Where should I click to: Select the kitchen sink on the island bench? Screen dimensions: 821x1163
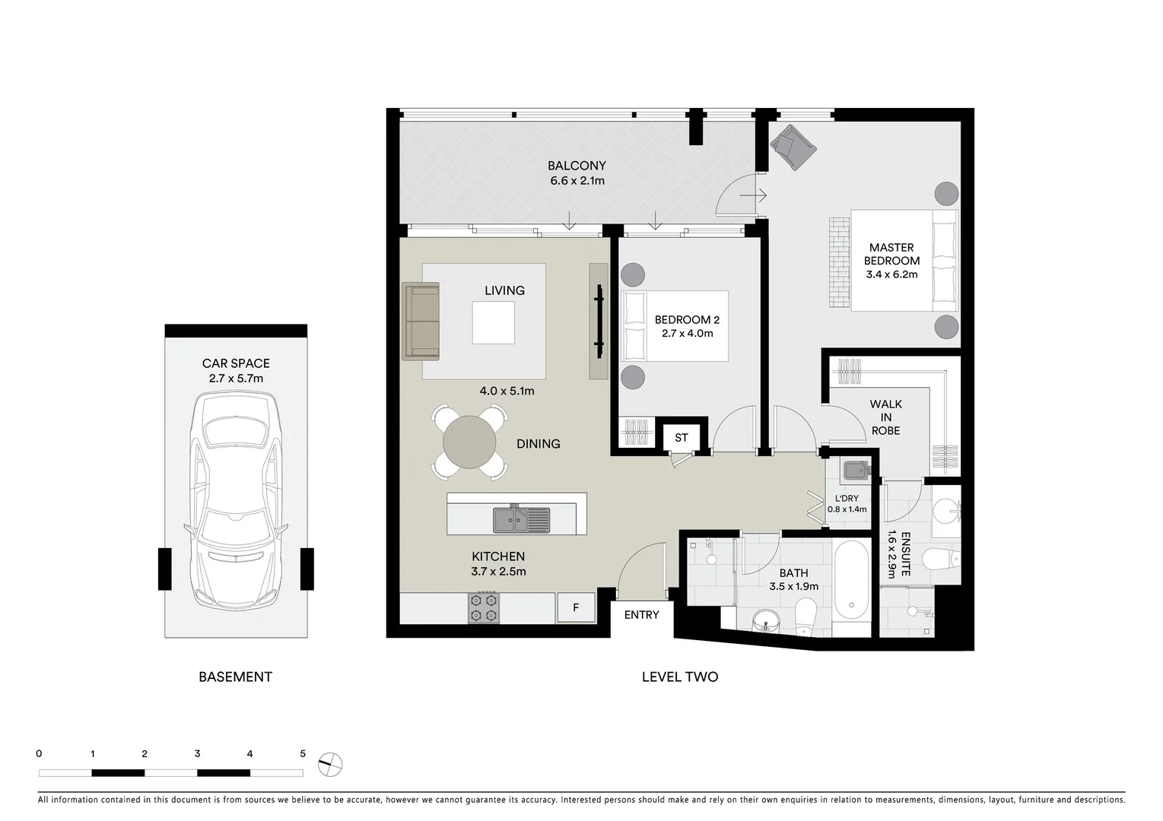coord(520,520)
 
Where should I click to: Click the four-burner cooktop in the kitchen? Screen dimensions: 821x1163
coord(484,607)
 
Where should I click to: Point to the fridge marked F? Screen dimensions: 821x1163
coord(576,607)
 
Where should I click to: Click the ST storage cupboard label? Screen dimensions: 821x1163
coord(681,437)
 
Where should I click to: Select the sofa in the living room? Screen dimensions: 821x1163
coord(421,320)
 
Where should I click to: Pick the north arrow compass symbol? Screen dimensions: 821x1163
coord(331,763)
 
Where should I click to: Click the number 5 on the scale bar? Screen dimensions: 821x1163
coord(303,754)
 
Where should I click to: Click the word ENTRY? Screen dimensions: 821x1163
coord(641,615)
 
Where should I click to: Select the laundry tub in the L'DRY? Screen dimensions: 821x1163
coord(855,471)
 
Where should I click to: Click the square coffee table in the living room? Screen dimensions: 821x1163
coord(493,322)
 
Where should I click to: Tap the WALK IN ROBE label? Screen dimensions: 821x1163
coord(885,417)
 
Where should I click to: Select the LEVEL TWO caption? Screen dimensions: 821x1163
coord(679,677)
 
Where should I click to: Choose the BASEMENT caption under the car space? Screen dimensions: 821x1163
coord(235,677)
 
